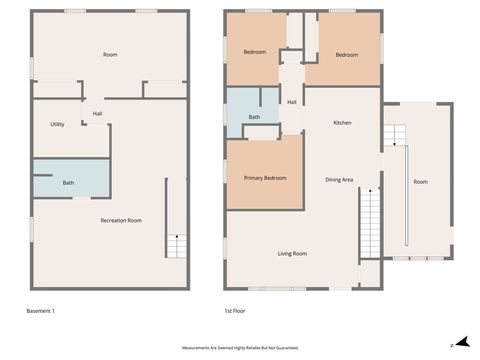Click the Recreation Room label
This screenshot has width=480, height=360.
point(121,220)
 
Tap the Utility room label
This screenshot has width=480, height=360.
point(58,124)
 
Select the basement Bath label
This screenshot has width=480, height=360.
point(68,183)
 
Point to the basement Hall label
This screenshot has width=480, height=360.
point(98,114)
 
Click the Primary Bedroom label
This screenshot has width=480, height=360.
point(265,178)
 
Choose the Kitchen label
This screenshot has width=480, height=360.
point(342,123)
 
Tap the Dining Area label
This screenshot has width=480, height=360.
point(340,180)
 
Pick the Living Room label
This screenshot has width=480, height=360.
point(292,254)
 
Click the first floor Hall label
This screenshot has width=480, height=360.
point(292,102)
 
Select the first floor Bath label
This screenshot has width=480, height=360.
point(255,118)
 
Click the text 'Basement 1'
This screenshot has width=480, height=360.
point(40,312)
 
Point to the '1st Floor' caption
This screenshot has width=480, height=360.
point(236,312)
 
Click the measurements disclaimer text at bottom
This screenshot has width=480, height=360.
point(240,342)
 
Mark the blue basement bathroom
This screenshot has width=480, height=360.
point(70,178)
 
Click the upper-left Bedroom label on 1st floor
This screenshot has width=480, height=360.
point(255,52)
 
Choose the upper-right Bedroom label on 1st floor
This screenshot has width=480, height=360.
point(347,55)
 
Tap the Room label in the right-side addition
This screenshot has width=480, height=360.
point(421,182)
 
